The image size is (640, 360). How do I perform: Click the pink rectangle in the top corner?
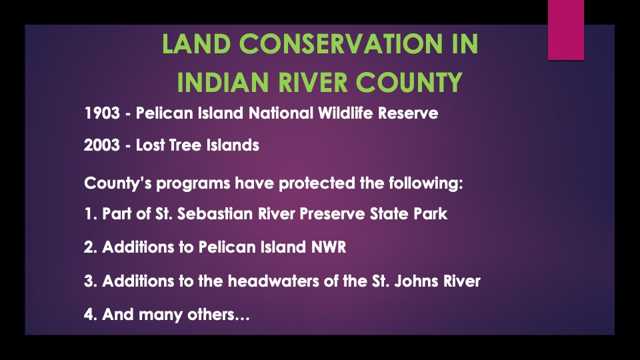click(565, 30)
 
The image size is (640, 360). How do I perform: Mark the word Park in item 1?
click(431, 215)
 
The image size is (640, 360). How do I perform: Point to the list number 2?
click(89, 247)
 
